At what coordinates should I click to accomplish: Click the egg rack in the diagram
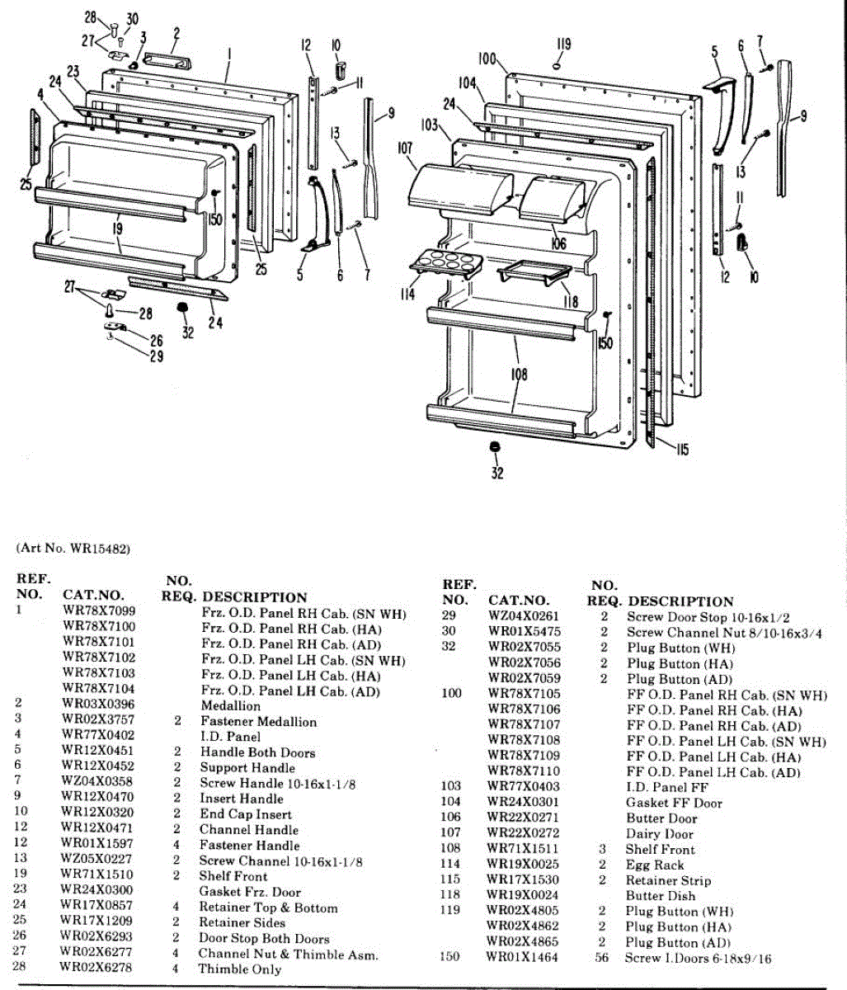click(x=444, y=263)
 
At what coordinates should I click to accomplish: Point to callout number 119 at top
click(x=563, y=45)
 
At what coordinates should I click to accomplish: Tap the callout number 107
click(x=404, y=149)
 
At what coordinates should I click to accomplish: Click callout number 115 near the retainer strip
click(x=681, y=450)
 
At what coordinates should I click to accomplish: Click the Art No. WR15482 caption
click(x=73, y=549)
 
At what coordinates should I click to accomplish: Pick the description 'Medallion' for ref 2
click(x=230, y=706)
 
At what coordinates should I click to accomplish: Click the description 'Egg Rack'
click(x=655, y=865)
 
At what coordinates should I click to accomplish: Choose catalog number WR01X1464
click(x=522, y=958)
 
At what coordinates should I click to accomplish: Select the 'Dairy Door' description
click(x=659, y=834)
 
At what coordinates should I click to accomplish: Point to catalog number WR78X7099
click(x=99, y=611)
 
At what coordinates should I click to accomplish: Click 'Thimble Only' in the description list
click(x=239, y=969)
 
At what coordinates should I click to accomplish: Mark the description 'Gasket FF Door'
click(x=674, y=803)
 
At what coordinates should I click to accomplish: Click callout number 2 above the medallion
click(x=176, y=34)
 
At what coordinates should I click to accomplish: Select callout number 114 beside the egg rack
click(x=407, y=293)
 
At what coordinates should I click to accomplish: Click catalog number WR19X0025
click(x=522, y=865)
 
